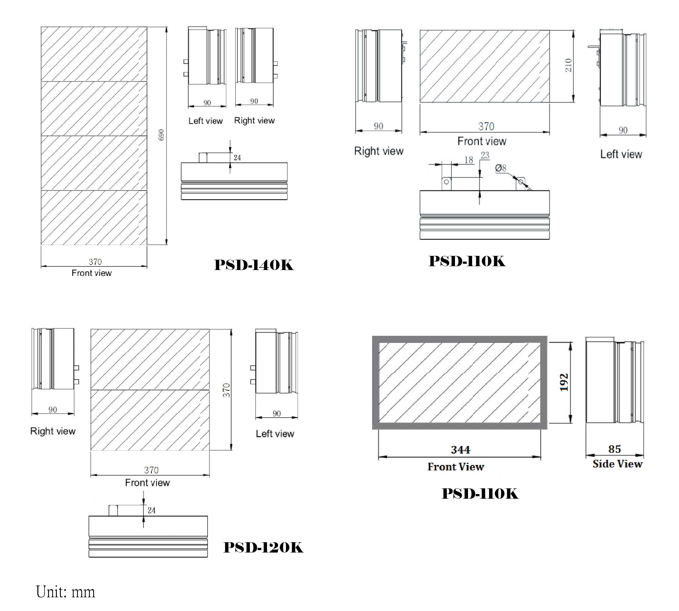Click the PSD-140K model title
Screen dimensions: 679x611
point(254,265)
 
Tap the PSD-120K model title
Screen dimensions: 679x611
point(263,548)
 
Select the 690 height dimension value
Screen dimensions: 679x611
point(161,135)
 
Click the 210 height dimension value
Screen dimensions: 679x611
point(568,65)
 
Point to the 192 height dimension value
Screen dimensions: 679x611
point(564,382)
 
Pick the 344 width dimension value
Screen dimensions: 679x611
point(460,449)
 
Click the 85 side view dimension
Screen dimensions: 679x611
point(615,449)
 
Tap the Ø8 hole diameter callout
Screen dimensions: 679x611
point(501,168)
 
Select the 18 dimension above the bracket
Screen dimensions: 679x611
point(469,160)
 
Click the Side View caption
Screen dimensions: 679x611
point(617,464)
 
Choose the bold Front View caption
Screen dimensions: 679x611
point(456,467)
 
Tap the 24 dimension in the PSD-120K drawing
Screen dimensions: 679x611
point(152,510)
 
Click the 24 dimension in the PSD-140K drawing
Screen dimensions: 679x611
point(237,157)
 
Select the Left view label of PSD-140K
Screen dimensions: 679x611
point(206,121)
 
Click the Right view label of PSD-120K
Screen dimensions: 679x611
point(53,431)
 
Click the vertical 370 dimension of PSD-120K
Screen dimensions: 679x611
point(226,390)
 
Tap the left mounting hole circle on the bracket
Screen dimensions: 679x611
point(446,182)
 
